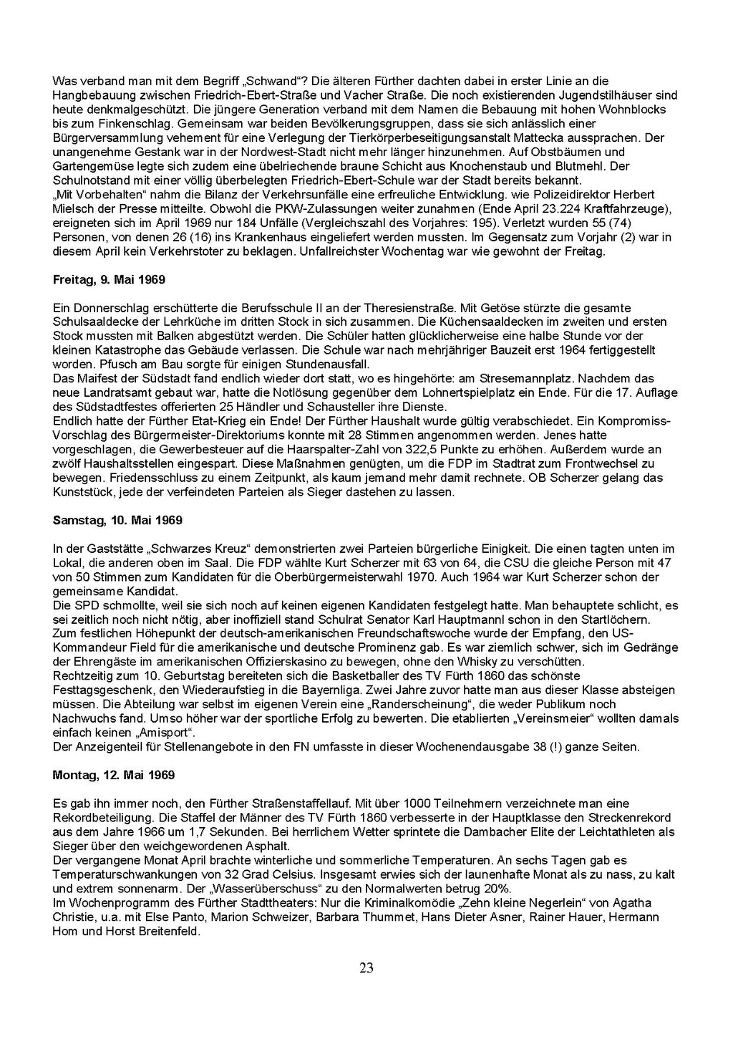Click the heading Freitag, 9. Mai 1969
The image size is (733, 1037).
click(x=109, y=279)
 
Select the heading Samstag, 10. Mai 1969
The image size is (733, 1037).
click(x=117, y=520)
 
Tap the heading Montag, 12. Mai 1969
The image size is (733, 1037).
click(x=114, y=775)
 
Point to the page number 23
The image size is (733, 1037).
click(x=366, y=968)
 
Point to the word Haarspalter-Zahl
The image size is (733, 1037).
click(x=351, y=449)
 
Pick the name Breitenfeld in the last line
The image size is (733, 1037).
click(x=167, y=932)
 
